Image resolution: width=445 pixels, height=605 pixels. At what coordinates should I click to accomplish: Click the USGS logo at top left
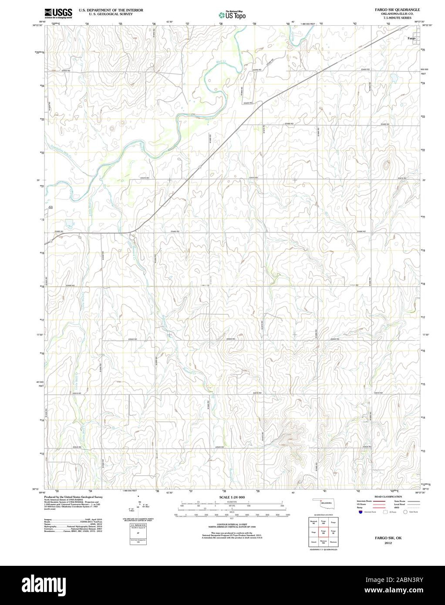[x=58, y=13]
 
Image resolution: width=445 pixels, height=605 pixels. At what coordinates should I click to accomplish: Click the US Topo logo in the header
[x=232, y=15]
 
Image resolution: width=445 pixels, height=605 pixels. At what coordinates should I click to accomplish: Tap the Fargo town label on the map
[x=411, y=38]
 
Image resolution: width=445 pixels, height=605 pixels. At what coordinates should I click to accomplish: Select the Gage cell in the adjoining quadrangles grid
[x=313, y=532]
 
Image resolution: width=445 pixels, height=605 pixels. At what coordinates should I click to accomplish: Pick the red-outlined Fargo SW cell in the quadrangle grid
[x=323, y=532]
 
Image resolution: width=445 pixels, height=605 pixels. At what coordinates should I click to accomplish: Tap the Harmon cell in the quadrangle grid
[x=334, y=542]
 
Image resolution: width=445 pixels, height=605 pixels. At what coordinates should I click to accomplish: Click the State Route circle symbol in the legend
[x=405, y=513]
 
